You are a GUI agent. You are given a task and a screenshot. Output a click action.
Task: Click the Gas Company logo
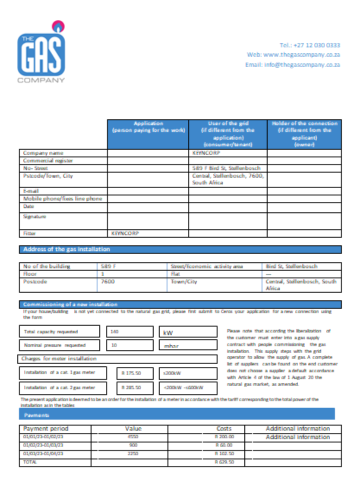(x=41, y=52)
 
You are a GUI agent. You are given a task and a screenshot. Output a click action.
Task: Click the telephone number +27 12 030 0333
(x=310, y=45)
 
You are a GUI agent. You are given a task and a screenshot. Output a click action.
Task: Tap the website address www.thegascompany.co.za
(x=301, y=54)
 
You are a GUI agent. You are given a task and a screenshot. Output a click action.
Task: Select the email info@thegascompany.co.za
(x=292, y=65)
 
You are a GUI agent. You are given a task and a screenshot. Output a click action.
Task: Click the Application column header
(x=148, y=127)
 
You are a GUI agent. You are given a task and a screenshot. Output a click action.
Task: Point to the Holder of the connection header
(x=304, y=133)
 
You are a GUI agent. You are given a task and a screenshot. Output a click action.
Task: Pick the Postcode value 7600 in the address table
(x=108, y=281)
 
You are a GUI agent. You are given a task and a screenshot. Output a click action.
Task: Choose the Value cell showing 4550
(x=133, y=436)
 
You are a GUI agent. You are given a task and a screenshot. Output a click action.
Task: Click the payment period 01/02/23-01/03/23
(x=43, y=444)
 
